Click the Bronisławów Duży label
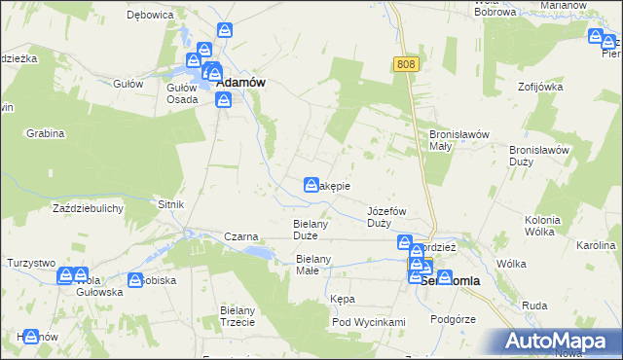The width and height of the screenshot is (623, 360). click(x=538, y=156)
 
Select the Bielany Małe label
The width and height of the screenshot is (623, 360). click(x=313, y=265)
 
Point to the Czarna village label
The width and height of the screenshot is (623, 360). click(x=240, y=236)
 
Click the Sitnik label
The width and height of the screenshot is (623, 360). click(x=170, y=205)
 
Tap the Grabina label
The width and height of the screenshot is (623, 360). click(x=45, y=132)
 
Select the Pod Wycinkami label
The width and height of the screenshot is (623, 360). click(x=367, y=322)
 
